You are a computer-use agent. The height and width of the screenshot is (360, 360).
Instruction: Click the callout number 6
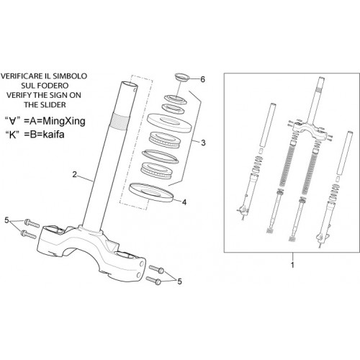(203, 79)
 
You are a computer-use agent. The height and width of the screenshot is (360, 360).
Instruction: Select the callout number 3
(203, 143)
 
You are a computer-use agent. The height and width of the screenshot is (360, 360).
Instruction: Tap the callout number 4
(184, 202)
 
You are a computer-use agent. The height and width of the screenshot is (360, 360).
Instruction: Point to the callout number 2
(75, 174)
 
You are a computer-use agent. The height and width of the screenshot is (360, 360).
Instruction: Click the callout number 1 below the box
(292, 265)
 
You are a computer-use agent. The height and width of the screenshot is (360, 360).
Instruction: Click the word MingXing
(61, 121)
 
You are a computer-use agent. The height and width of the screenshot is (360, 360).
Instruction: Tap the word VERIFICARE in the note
(22, 76)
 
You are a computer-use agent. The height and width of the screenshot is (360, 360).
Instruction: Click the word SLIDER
(53, 105)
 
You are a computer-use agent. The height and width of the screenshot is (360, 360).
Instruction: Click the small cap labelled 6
(182, 78)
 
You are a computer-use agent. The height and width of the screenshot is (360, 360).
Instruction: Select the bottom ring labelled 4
(151, 192)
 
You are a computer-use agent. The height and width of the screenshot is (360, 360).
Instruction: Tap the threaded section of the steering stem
(119, 122)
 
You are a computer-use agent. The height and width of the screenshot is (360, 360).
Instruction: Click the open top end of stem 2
(129, 85)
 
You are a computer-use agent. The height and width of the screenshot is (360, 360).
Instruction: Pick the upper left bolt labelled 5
(32, 223)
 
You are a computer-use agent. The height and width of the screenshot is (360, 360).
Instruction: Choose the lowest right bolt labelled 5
(153, 281)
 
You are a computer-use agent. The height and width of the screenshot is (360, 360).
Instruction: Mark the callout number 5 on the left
(6, 220)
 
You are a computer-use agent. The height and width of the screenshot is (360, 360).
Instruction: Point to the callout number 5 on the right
(179, 282)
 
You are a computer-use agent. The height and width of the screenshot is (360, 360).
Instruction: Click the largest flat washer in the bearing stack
(169, 122)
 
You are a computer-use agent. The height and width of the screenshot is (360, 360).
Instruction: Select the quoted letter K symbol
(13, 135)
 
